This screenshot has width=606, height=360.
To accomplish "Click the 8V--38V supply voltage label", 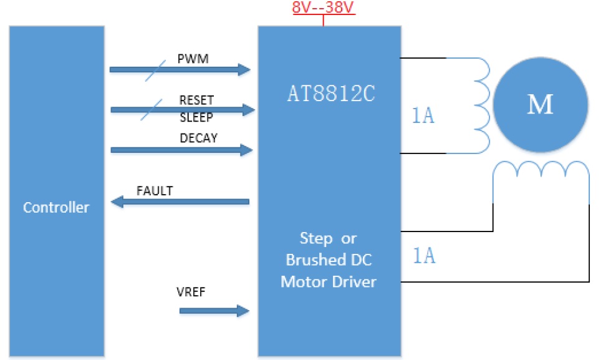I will pyautogui.click(x=324, y=9).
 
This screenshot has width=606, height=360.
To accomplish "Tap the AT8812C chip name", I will pyautogui.click(x=330, y=93).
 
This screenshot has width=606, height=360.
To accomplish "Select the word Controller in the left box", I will pyautogui.click(x=56, y=207).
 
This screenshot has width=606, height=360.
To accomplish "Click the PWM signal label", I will pyautogui.click(x=193, y=59).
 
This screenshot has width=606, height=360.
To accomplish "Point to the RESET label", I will pyautogui.click(x=196, y=100).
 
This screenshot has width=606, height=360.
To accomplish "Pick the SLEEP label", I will pyautogui.click(x=196, y=118).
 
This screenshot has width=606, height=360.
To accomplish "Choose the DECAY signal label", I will pyautogui.click(x=198, y=139).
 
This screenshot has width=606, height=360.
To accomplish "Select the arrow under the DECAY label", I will pyautogui.click(x=181, y=150).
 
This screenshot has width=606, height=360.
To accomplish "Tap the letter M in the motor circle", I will pyautogui.click(x=540, y=105).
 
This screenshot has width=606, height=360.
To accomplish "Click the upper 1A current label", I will pyautogui.click(x=423, y=117).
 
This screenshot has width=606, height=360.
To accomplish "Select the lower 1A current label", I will pyautogui.click(x=424, y=256).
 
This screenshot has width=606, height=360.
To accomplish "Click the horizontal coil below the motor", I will pyautogui.click(x=541, y=171).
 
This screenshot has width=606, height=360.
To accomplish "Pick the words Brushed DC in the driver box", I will pyautogui.click(x=329, y=260).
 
